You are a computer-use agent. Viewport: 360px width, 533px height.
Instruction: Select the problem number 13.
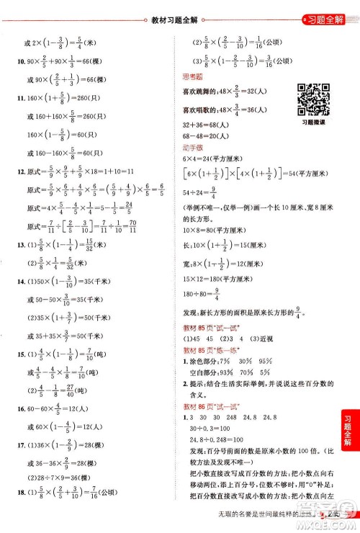coord(9,243)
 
